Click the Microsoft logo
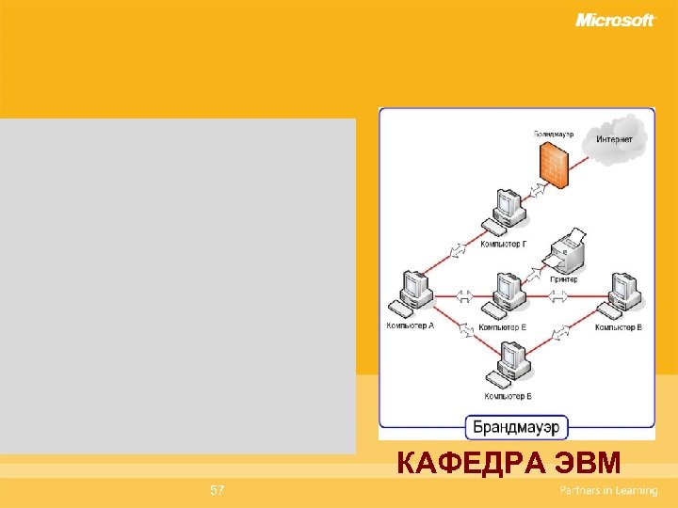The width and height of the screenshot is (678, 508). pos(614,20)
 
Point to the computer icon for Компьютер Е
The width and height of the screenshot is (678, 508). pos(506,294)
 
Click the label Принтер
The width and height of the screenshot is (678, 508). pos(564,279)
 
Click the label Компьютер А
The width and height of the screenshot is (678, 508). pos(410,326)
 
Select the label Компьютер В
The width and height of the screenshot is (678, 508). pos(619,327)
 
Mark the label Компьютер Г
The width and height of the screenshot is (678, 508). pos(503,245)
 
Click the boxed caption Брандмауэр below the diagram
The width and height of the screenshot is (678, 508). pos(516,427)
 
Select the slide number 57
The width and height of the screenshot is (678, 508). pos(218,490)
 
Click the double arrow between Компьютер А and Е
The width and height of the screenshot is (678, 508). pos(464,294)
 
